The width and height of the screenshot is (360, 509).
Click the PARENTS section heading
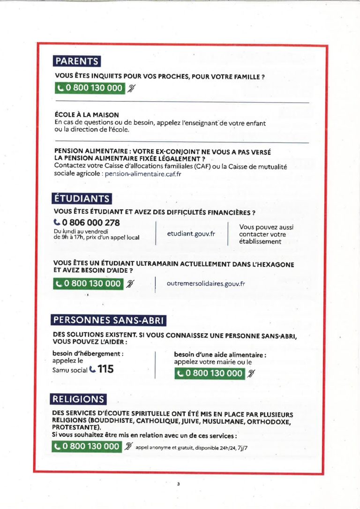coord(77,61)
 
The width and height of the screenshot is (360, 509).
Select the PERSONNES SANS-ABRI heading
coord(108,321)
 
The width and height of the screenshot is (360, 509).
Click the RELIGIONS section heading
coord(78,399)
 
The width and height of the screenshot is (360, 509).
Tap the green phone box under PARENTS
coord(90,88)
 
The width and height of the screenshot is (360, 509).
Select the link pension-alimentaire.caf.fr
coord(143,174)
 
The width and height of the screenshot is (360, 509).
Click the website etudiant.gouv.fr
coord(191,234)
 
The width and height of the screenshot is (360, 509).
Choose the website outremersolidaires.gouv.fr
coord(206,284)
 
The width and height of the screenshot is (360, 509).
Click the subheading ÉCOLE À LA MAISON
coord(87,115)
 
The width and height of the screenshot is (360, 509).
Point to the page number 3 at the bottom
coord(179,484)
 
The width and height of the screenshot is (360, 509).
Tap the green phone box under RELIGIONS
coord(88,446)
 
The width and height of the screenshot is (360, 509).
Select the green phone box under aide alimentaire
coord(210,374)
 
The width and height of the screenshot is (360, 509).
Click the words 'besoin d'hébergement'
coord(88,354)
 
